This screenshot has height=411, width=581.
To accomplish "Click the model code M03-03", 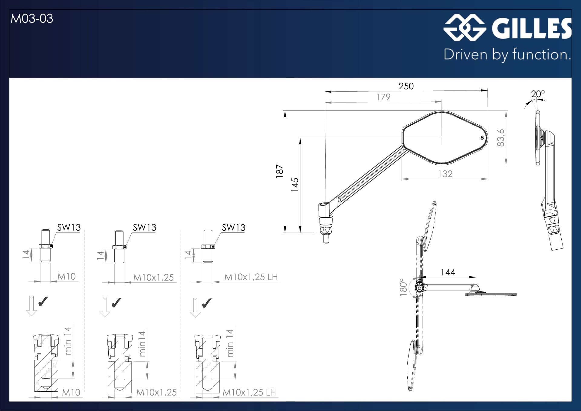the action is [x=32, y=19].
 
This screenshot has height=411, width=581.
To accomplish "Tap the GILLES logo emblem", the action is [x=465, y=28].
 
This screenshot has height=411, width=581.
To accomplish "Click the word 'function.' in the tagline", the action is [x=542, y=54].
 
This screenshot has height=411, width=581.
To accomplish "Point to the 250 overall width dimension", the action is [x=406, y=86].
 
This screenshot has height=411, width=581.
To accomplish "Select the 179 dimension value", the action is [x=383, y=97].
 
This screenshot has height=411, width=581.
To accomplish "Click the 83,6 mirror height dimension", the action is [x=501, y=138].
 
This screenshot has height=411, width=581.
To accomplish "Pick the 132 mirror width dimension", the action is [x=445, y=174].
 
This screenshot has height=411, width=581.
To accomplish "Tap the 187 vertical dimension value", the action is [x=280, y=171].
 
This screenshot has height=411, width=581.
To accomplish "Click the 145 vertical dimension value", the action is [x=295, y=185].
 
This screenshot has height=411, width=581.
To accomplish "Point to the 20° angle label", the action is [x=538, y=94].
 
